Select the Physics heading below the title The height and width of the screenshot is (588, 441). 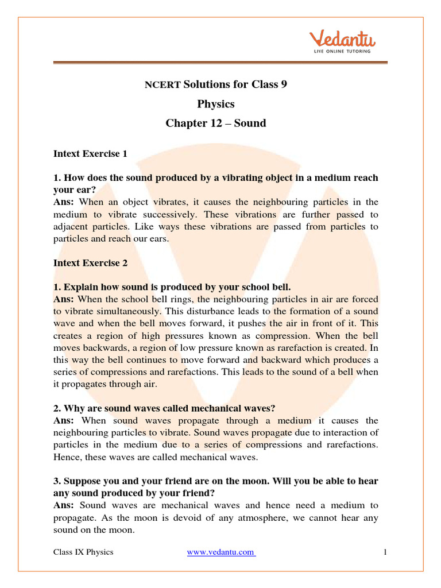coord(216,104)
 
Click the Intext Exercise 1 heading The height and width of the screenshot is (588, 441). coord(90,154)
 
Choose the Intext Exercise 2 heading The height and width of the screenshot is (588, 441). coord(90,263)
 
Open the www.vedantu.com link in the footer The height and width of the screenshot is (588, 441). coord(221,552)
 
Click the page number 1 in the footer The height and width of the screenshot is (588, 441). coord(386,552)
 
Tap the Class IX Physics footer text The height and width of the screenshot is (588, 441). coord(83,552)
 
